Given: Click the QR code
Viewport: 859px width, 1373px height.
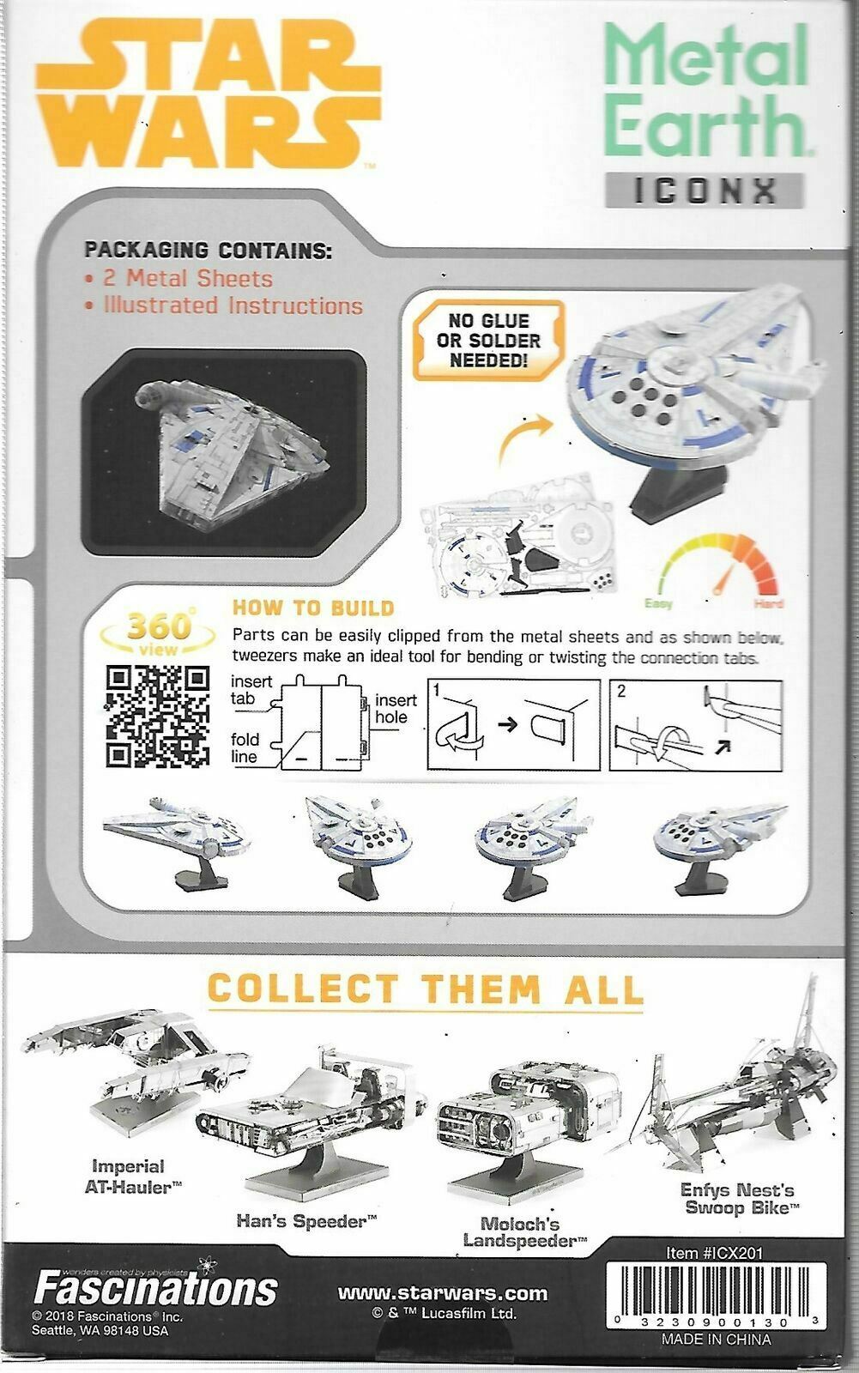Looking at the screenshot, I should pyautogui.click(x=158, y=717).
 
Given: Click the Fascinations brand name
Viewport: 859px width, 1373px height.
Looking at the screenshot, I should pyautogui.click(x=155, y=1287).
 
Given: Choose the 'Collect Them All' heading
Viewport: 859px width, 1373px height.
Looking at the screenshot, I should pyautogui.click(x=426, y=989).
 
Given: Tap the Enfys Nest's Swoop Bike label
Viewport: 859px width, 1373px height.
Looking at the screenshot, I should pyautogui.click(x=736, y=1198).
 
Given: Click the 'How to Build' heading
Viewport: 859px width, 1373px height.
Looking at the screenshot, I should pyautogui.click(x=313, y=608).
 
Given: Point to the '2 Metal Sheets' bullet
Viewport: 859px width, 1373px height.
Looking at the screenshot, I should pyautogui.click(x=186, y=279).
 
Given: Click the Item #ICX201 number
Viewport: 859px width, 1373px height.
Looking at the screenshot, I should pyautogui.click(x=714, y=1253).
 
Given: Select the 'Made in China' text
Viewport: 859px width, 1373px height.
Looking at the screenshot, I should pyautogui.click(x=716, y=1339).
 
